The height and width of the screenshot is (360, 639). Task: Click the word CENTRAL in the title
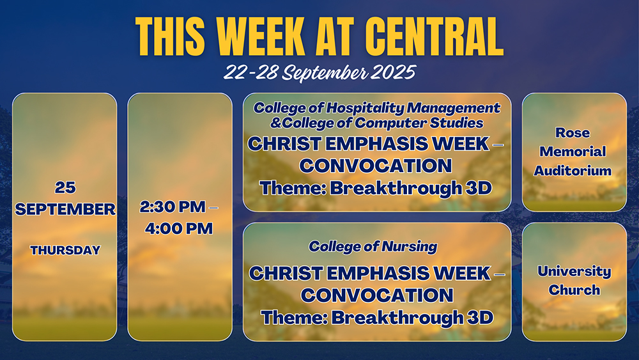(434, 36)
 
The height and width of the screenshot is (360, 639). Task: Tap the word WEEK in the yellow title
(260, 36)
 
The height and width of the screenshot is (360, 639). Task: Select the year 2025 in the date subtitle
(393, 72)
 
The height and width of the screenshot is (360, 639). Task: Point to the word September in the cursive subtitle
(325, 73)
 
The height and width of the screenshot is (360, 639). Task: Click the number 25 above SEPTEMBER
(65, 187)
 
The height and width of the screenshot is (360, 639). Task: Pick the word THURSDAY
(65, 250)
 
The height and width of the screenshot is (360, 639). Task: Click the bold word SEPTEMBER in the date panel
(65, 209)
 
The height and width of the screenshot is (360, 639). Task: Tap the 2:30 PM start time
(173, 207)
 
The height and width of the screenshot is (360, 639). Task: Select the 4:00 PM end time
(179, 228)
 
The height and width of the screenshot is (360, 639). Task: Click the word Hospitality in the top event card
(365, 108)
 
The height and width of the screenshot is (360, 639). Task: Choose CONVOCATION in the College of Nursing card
(377, 295)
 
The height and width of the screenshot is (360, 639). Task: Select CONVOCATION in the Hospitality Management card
(376, 166)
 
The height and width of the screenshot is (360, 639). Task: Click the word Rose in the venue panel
(573, 132)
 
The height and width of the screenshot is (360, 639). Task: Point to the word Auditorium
(573, 171)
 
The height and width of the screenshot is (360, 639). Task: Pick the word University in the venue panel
(574, 272)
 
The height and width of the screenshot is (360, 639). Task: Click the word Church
(574, 290)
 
